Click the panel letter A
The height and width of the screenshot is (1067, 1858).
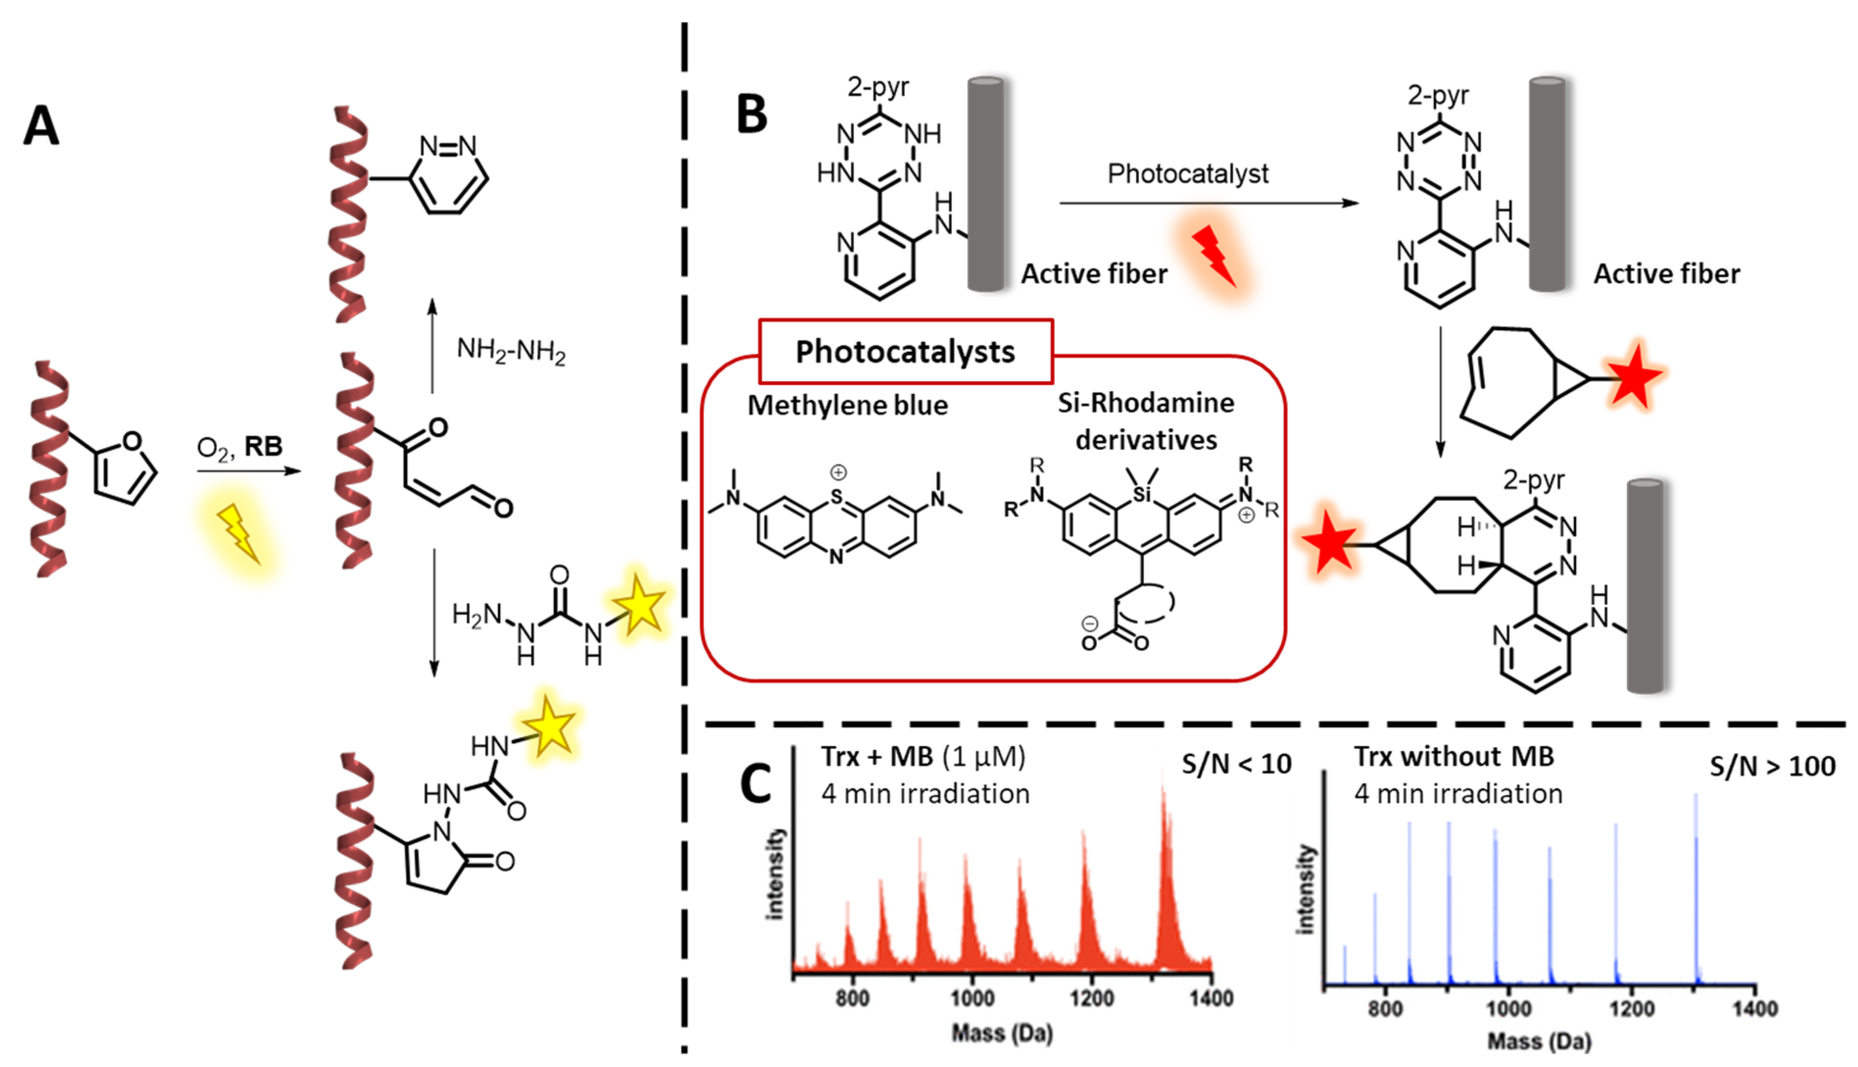41,126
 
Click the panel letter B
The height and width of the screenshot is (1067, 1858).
751,115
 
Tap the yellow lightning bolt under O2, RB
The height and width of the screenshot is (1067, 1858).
239,533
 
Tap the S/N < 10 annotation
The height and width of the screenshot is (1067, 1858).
1237,764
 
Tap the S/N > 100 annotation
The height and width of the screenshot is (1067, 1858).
1772,767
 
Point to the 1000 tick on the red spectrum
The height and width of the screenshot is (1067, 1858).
972,998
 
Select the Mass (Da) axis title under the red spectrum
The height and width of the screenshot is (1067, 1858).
1002,1033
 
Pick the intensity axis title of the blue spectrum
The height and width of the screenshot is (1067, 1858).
1305,889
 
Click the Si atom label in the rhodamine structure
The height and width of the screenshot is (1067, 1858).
1142,495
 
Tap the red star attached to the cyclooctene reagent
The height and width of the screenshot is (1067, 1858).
1632,377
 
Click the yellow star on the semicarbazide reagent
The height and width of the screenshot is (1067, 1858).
639,606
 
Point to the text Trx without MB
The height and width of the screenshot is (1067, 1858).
1453,756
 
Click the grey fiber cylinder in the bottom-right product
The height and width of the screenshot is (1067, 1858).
1645,586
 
